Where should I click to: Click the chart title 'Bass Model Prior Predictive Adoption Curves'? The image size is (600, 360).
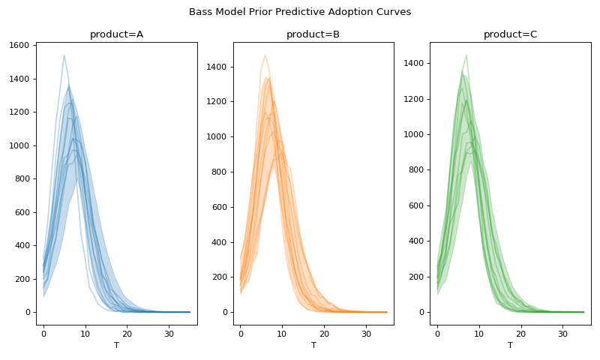point(300,12)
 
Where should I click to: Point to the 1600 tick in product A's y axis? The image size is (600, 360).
point(18,46)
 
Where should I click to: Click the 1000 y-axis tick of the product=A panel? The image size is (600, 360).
point(18,145)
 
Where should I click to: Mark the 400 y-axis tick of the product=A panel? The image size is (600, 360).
point(21,246)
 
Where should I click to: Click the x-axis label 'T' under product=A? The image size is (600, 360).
point(116,345)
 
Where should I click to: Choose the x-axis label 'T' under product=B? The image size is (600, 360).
point(313,345)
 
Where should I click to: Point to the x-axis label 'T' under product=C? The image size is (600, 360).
point(510,345)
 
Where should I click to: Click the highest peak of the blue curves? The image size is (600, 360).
point(64,55)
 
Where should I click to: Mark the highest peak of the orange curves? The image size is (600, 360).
point(265,55)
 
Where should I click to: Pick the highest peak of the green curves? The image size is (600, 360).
point(466,55)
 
